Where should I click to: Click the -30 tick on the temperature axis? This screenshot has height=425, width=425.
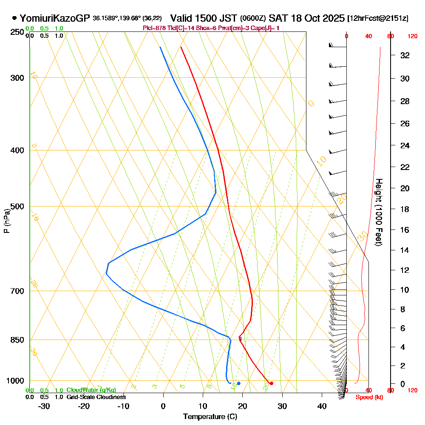[44, 406]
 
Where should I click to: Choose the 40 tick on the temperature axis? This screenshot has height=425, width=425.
[322, 406]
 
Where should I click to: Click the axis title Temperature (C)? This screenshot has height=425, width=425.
[210, 416]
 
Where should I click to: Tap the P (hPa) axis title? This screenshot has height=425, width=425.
[6, 221]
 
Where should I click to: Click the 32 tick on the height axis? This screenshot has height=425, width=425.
[405, 55]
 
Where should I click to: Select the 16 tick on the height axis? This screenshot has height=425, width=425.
[405, 230]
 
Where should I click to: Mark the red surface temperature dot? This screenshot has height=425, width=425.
[272, 383]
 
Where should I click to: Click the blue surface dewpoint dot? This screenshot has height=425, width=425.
[239, 383]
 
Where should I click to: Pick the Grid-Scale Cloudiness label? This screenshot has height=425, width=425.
[96, 397]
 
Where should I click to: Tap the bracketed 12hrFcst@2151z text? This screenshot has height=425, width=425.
[378, 19]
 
